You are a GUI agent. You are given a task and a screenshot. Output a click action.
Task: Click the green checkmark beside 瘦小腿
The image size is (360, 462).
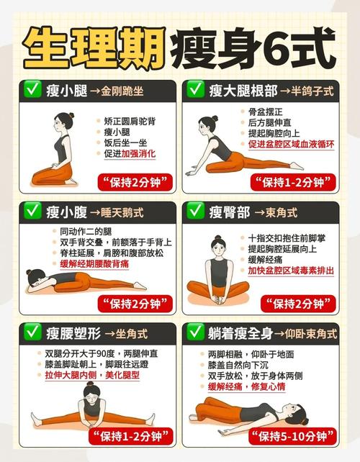click(x=32, y=90)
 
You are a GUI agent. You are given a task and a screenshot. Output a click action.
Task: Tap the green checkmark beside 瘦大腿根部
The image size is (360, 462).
click(x=195, y=90)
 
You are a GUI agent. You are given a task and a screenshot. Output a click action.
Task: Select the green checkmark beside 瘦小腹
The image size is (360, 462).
click(x=32, y=212)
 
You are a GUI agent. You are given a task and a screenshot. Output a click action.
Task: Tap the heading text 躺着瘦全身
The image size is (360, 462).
click(x=240, y=333)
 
